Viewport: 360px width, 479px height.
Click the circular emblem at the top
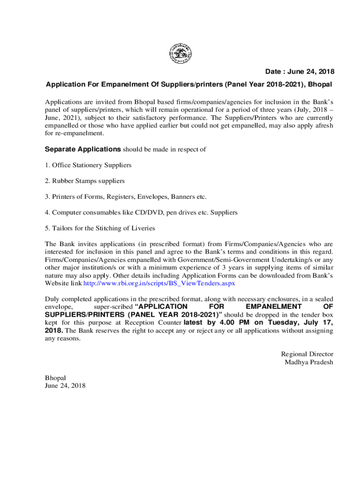point(180,53)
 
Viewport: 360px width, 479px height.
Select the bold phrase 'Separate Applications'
point(83,150)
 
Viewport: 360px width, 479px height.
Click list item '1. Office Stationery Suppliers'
point(88,165)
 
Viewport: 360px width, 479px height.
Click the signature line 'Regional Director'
point(307,354)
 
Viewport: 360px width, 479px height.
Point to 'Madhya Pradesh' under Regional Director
point(309,362)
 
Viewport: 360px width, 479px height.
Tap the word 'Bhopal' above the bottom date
point(55,378)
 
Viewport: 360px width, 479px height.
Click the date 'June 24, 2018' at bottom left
point(65,386)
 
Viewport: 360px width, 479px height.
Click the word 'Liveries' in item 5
point(142,228)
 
